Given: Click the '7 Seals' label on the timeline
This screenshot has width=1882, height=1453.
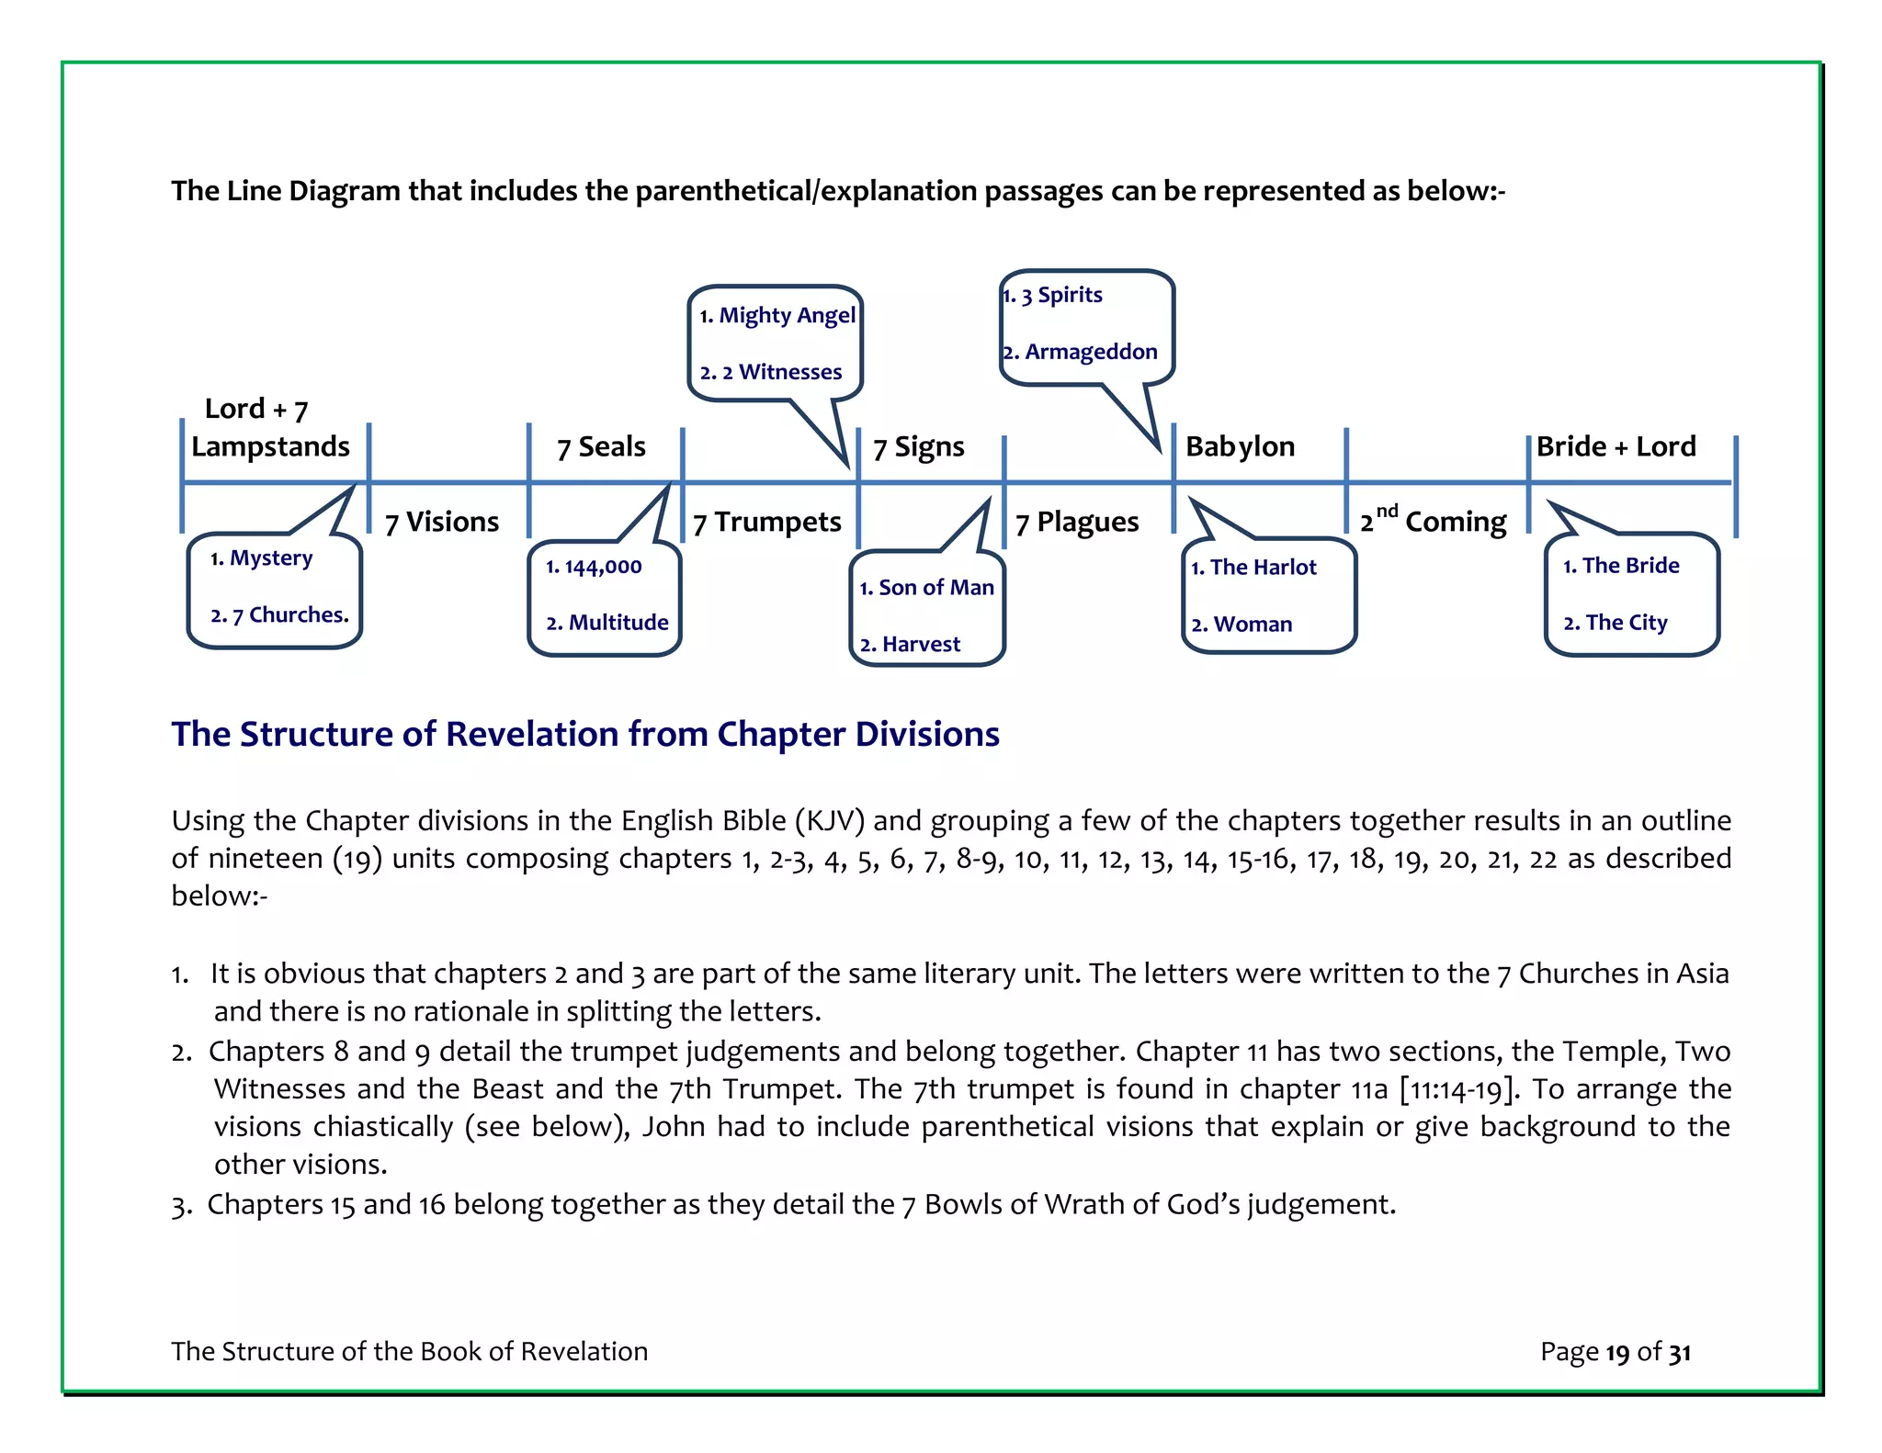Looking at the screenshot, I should pyautogui.click(x=601, y=447).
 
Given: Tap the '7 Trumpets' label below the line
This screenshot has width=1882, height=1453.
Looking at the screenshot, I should pyautogui.click(x=766, y=523).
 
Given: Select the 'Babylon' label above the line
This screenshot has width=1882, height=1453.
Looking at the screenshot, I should pyautogui.click(x=1240, y=446).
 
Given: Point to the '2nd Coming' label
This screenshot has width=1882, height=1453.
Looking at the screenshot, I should pyautogui.click(x=1433, y=522).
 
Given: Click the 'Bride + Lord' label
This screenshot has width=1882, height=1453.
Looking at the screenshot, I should pyautogui.click(x=1616, y=446).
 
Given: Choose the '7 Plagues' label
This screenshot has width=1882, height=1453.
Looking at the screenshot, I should pyautogui.click(x=1076, y=523).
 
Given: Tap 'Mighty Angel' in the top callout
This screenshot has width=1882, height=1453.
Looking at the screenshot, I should pyautogui.click(x=787, y=316).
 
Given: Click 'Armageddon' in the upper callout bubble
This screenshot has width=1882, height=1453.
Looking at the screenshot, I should pyautogui.click(x=1090, y=352).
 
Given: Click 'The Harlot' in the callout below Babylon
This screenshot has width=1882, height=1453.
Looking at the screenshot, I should pyautogui.click(x=1263, y=568).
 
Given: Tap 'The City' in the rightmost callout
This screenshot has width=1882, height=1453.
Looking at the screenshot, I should pyautogui.click(x=1626, y=623).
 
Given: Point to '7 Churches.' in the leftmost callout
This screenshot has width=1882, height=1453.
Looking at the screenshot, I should pyautogui.click(x=290, y=615).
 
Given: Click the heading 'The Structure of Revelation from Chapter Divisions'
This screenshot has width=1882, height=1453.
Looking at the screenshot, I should pyautogui.click(x=585, y=735).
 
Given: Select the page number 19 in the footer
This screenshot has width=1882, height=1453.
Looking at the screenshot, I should pyautogui.click(x=1617, y=1353).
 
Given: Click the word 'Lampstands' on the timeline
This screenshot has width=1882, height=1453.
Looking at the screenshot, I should pyautogui.click(x=270, y=447).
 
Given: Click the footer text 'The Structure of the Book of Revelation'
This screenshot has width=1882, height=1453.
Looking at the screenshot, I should pyautogui.click(x=409, y=1352).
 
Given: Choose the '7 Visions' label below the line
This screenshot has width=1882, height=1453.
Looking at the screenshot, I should pyautogui.click(x=442, y=523).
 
